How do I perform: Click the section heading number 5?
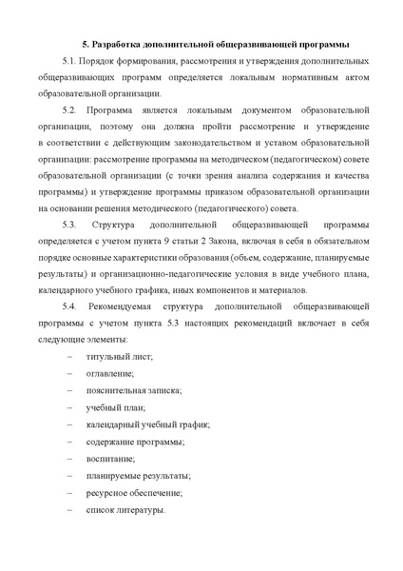(x=85, y=44)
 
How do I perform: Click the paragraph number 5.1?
(x=65, y=61)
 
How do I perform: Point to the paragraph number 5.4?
(x=66, y=306)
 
